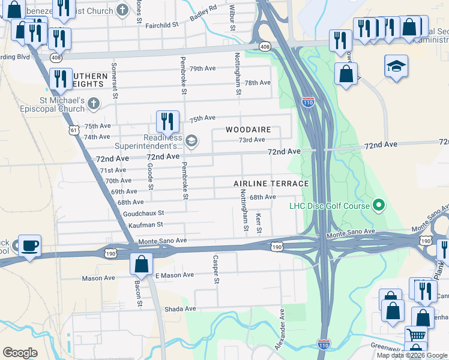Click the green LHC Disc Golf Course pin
coord(378,206)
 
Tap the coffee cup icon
coord(29,246)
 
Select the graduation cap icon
coord(396,66)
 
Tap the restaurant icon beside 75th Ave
coord(167,121)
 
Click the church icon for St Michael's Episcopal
coord(93,104)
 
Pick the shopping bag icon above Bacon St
coord(142,263)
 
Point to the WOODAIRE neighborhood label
coord(249,130)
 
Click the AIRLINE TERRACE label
coord(271,184)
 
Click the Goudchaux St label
coord(143,213)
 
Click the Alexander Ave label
coord(282,326)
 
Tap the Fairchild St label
coord(158,25)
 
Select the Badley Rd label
coord(203,13)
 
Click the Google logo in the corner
coord(20,353)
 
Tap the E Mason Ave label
coord(174,275)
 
